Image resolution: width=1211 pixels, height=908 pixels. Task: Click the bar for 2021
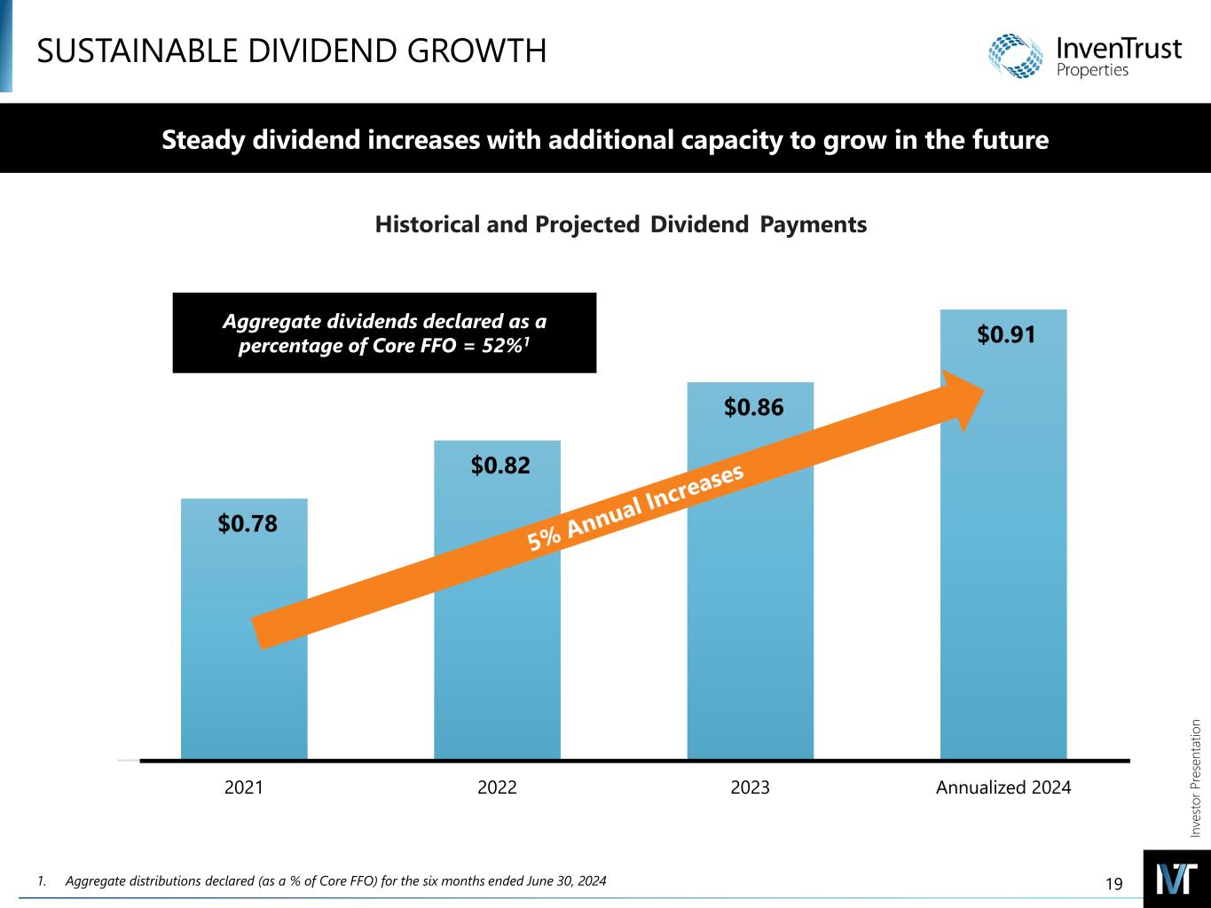pos(244,692)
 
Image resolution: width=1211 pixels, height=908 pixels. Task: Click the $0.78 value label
pos(248,524)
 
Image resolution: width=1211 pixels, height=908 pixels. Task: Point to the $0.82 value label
pos(500,466)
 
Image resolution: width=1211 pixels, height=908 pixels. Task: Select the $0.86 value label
pos(753,408)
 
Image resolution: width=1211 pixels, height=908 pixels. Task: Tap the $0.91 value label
pos(1007,334)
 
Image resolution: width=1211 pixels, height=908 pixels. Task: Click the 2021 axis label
pos(244,787)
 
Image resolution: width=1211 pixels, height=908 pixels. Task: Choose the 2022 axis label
pos(497,787)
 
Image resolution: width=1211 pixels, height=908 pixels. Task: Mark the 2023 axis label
pos(750,787)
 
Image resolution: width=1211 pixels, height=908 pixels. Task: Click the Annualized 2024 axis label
pos(1003,787)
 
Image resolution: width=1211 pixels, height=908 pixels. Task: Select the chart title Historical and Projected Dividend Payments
pos(620,225)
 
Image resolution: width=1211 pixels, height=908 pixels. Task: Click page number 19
pos(1114,883)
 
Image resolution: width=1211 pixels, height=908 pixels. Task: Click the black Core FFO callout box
pos(384,333)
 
